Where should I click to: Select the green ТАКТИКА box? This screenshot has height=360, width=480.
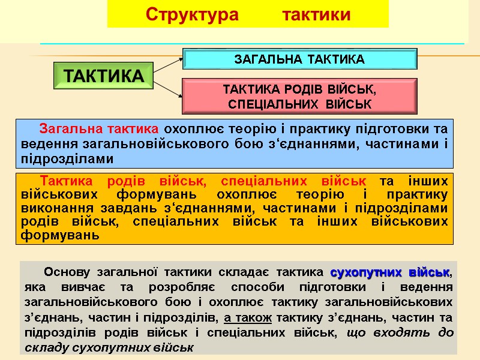pos(103,76)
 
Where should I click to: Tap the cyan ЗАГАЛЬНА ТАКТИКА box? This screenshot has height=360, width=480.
pos(299,59)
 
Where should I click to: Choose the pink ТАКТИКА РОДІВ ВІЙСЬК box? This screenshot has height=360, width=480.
pos(299,97)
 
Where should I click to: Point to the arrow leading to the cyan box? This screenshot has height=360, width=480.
pos(168,65)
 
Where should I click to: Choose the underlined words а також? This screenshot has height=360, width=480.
pos(248,316)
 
